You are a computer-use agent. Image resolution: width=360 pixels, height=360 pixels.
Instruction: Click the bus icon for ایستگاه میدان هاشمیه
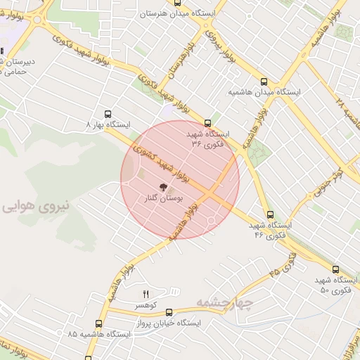click(264, 82)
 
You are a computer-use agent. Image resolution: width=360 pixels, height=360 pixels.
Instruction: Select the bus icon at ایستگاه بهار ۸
click(108, 113)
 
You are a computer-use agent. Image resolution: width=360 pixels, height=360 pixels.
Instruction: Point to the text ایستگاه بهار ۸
click(108, 124)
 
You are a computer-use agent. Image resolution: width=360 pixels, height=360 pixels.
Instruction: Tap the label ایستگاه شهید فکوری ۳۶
click(209, 138)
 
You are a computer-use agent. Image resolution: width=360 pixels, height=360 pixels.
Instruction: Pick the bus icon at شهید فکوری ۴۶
click(270, 214)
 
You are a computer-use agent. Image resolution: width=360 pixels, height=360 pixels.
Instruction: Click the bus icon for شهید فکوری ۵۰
click(335, 269)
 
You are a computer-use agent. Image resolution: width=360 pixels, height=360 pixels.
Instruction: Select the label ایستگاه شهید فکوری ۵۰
click(334, 285)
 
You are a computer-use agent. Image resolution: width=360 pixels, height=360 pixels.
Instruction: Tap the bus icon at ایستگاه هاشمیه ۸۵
click(99, 323)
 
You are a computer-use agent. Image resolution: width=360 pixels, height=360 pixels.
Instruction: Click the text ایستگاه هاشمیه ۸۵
click(99, 334)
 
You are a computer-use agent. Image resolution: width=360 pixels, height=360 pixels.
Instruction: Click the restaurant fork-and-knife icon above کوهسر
click(147, 295)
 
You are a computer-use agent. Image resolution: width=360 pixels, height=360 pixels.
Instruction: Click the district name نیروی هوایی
click(36, 206)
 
